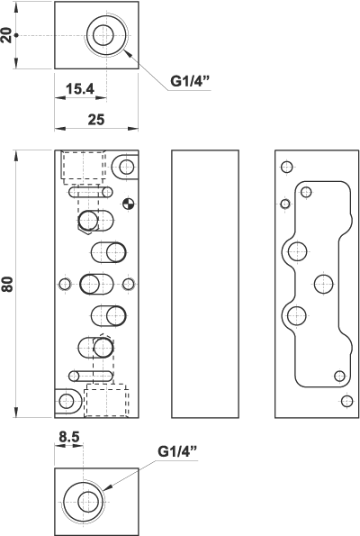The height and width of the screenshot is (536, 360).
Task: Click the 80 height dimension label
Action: [x=8, y=284]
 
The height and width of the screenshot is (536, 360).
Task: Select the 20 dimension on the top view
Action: [x=8, y=35]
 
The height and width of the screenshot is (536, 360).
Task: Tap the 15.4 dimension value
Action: [x=80, y=88]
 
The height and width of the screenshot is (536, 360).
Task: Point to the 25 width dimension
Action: [x=95, y=118]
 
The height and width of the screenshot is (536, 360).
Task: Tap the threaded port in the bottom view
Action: [x=87, y=500]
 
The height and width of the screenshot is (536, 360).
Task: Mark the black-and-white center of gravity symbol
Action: [x=128, y=203]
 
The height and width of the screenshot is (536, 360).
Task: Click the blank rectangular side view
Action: [x=205, y=284]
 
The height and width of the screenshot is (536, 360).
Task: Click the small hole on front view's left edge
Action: [x=64, y=285]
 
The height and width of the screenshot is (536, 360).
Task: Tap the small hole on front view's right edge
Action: [x=127, y=285]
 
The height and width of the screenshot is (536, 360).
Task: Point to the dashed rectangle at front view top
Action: [x=83, y=167]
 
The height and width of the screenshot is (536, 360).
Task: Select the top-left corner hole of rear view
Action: [x=287, y=167]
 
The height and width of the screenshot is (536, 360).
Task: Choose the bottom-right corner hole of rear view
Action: [x=347, y=401]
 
